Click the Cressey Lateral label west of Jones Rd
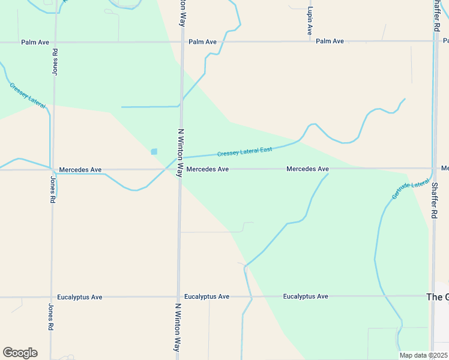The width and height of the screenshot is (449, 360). tap(28, 95)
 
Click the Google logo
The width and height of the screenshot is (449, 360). tap(20, 353)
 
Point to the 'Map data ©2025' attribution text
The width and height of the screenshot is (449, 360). tap(424, 355)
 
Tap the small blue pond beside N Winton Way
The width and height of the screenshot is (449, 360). tap(154, 152)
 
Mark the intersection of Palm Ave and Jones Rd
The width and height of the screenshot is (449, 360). tap(55, 43)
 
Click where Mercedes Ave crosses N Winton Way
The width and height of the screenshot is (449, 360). tap(179, 169)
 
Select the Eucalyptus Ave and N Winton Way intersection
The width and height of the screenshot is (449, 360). tap(178, 296)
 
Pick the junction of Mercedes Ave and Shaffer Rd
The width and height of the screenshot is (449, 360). tap(433, 169)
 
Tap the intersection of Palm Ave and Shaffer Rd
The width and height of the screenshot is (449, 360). tap(434, 41)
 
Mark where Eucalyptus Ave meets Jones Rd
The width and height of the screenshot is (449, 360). tap(52, 297)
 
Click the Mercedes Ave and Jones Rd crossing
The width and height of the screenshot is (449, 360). tap(53, 170)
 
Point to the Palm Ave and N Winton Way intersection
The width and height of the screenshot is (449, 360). tap(181, 42)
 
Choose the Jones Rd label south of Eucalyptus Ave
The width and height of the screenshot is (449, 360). tap(50, 317)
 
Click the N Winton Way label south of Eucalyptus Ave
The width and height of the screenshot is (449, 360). tap(178, 327)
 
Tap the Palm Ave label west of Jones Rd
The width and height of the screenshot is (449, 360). tap(34, 43)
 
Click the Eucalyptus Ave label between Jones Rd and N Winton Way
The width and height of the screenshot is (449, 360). tap(80, 297)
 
